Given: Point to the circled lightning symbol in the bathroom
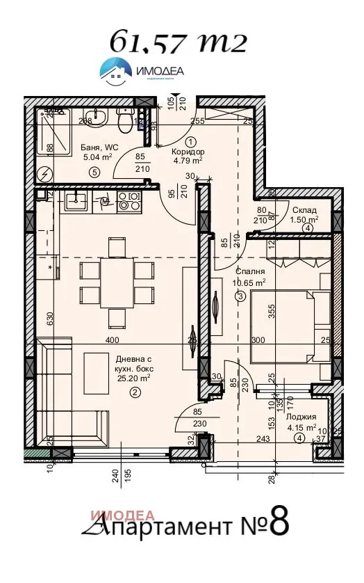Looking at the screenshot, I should click(x=47, y=173).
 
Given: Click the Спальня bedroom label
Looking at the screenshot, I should click(x=249, y=272).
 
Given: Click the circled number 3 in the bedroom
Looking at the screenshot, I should click(x=240, y=296).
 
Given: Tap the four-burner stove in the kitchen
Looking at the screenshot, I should click(x=130, y=202).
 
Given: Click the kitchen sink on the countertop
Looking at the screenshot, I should click(x=76, y=202).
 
